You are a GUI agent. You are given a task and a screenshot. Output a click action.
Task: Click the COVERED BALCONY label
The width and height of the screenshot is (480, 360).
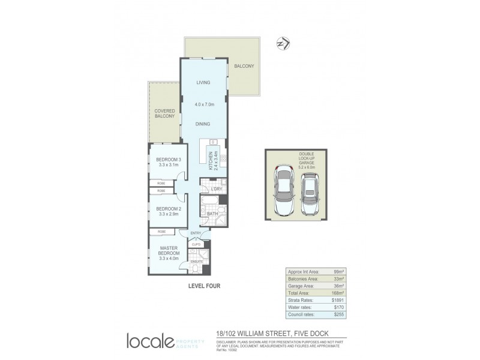click(x=164, y=114)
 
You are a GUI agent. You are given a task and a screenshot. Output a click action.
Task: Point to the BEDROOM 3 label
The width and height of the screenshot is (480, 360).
click(x=161, y=159)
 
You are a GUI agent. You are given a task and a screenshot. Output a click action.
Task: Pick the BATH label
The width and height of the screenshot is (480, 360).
click(x=212, y=213)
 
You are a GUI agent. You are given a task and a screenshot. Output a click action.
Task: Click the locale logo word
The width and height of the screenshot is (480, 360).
click(x=151, y=340)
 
